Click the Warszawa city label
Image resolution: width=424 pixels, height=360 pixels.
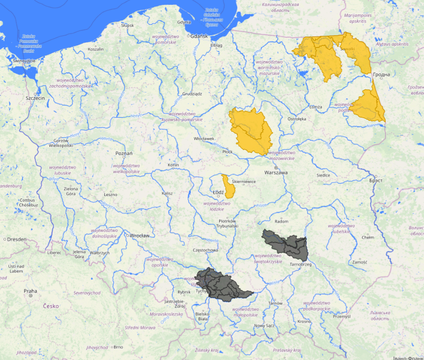[276, 173]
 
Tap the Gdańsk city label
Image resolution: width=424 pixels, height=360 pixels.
[199, 36]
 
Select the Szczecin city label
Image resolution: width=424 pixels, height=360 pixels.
[35, 98]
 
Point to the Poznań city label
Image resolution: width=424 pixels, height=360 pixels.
[124, 153]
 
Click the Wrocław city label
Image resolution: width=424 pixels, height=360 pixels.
[139, 235]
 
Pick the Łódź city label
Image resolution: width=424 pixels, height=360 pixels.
[218, 192]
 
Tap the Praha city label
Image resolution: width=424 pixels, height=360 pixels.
[30, 291]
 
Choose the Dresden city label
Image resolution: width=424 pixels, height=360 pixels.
[17, 239]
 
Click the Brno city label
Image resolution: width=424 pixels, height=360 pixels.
[118, 347]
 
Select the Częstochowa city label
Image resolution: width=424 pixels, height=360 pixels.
[205, 250]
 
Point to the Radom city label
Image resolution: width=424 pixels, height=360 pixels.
[282, 221]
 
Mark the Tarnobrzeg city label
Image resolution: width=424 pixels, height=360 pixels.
[300, 264]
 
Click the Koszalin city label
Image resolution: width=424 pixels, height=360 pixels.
[95, 49]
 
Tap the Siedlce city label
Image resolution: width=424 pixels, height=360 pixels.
[323, 175]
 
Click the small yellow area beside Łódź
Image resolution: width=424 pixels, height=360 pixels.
[227, 186]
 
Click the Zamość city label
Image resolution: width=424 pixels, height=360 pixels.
[359, 262]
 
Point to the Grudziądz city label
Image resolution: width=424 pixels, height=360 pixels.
[192, 93]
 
